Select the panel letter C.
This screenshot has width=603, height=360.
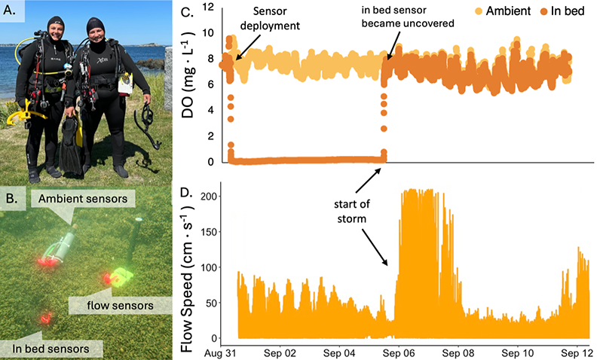[191, 12]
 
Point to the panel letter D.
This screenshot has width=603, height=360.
[191, 191]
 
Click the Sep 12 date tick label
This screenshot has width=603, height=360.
[574, 352]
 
